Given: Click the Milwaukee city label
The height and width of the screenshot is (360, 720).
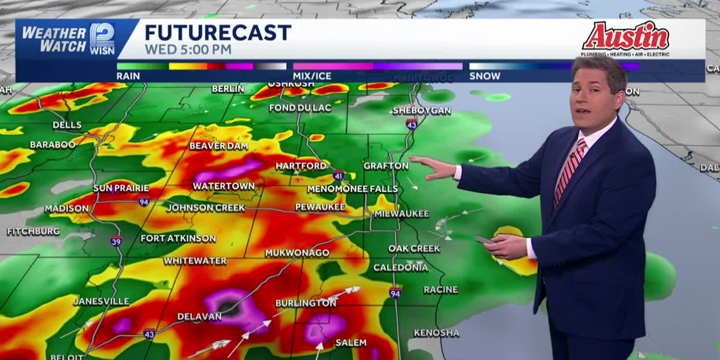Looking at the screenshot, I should coord(402,214).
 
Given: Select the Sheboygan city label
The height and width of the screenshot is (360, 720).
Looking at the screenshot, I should coord(422,110).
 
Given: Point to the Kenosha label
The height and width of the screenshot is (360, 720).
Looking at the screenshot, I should coord(436,332).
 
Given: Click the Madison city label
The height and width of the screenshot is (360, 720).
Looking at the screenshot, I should coord(67,209).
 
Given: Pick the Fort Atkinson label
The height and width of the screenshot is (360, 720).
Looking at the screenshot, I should coord(178,238).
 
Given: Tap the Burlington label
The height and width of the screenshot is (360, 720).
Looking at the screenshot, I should coord(305,303).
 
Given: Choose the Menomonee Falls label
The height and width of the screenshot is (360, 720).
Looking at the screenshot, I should coord(352,189).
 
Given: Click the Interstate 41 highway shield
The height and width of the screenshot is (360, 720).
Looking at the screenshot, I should coord(339,175).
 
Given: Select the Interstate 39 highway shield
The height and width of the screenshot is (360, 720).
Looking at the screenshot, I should coord(116,241).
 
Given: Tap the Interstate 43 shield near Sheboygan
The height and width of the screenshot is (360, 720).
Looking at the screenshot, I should coord(411,124).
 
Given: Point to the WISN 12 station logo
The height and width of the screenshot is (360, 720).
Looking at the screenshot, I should coord(102,39).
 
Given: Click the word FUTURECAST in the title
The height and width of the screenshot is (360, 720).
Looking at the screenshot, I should coord(218,33).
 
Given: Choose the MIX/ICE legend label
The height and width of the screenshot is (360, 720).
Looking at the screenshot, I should coord(312,76).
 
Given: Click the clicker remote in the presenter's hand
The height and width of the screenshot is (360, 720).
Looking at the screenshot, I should coord(483,240).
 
